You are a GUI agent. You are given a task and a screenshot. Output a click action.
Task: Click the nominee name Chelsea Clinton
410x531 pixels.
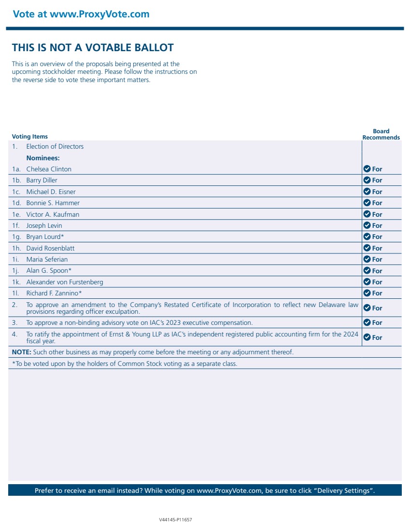pos(48,169)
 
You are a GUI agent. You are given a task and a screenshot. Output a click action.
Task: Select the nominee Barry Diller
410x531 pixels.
pos(42,180)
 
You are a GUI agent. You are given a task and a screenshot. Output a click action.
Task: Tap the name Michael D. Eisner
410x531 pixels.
pos(51,192)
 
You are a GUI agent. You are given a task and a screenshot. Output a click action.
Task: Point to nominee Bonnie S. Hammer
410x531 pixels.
pos(53,203)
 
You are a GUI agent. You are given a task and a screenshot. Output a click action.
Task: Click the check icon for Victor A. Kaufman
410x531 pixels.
pos(367,214)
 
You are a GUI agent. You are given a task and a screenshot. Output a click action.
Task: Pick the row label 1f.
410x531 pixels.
pos(16,225)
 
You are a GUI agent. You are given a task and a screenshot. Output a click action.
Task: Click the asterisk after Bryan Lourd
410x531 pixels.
pos(62,236)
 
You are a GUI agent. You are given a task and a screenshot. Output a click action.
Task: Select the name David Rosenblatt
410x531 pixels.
pos(50,248)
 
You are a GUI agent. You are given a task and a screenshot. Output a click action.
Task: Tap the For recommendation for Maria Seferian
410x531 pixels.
pos(377,259)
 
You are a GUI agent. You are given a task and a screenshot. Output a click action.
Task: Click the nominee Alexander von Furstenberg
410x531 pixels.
pos(64,282)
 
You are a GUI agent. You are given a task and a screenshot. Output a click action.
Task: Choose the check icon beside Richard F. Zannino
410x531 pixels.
pos(367,293)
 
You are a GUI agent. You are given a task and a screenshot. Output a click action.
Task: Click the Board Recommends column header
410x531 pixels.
pos(381,134)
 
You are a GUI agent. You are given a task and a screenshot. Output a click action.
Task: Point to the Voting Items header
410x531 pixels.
pos(29,137)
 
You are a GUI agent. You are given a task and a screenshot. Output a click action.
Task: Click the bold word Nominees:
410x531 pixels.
pos(42,158)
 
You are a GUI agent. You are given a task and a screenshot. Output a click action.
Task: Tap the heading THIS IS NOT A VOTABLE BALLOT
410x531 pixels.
pos(93,48)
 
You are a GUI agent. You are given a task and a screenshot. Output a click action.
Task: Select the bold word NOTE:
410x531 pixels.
pos(21,352)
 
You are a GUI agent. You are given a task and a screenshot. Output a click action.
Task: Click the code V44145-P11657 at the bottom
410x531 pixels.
pos(175,520)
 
